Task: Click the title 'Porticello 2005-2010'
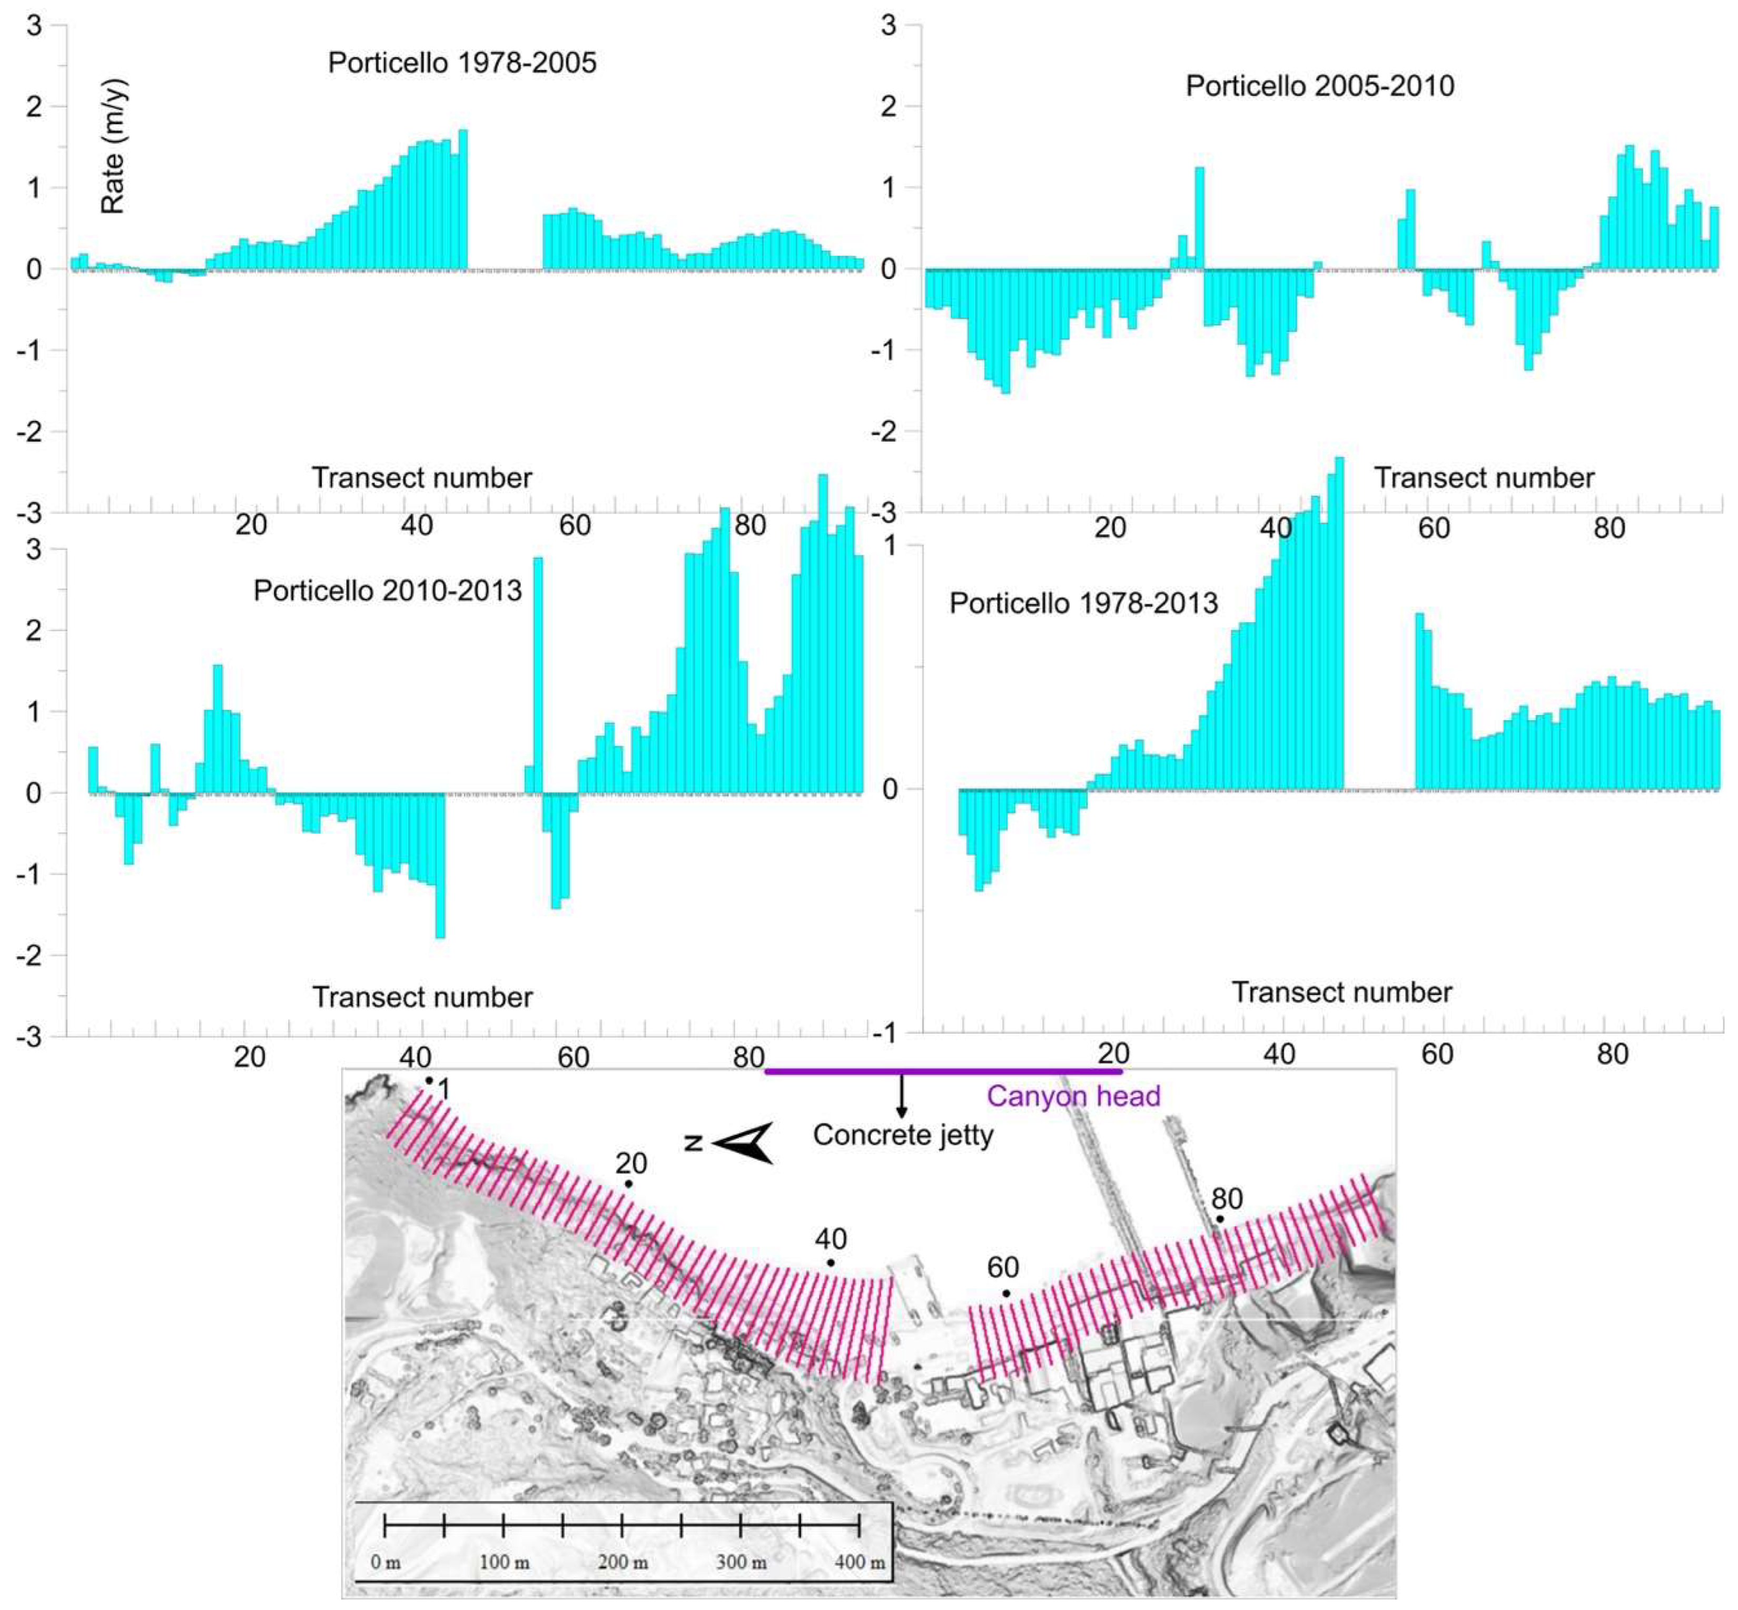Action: pos(1320,86)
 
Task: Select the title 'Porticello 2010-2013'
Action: pos(387,591)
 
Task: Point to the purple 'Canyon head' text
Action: pos(1073,1096)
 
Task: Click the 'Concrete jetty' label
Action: pos(903,1135)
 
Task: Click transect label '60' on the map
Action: pos(1003,1268)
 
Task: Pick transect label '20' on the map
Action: pos(631,1163)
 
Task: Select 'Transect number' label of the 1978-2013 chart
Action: pos(1341,992)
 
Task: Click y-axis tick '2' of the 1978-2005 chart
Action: pos(34,106)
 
